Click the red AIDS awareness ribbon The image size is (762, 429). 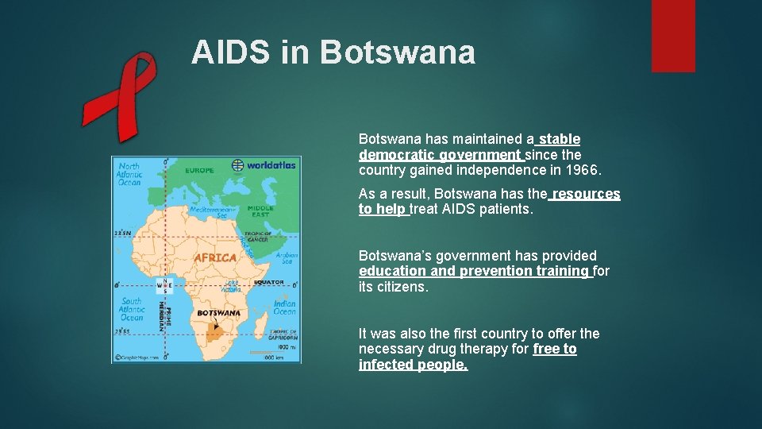pos(119,95)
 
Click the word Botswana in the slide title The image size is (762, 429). pos(398,52)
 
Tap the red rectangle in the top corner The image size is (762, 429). pos(673,35)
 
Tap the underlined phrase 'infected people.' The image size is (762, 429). pos(413,365)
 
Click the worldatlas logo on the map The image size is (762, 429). pos(264,165)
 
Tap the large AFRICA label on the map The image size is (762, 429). pos(215,257)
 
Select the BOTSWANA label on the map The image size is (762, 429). pos(218,313)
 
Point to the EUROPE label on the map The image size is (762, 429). pos(199,170)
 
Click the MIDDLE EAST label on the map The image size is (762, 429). pos(260,212)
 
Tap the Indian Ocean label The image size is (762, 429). pos(284,307)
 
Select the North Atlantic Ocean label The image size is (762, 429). pos(128,175)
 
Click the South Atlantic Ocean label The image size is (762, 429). pos(131,309)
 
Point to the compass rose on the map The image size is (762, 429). pos(164,286)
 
